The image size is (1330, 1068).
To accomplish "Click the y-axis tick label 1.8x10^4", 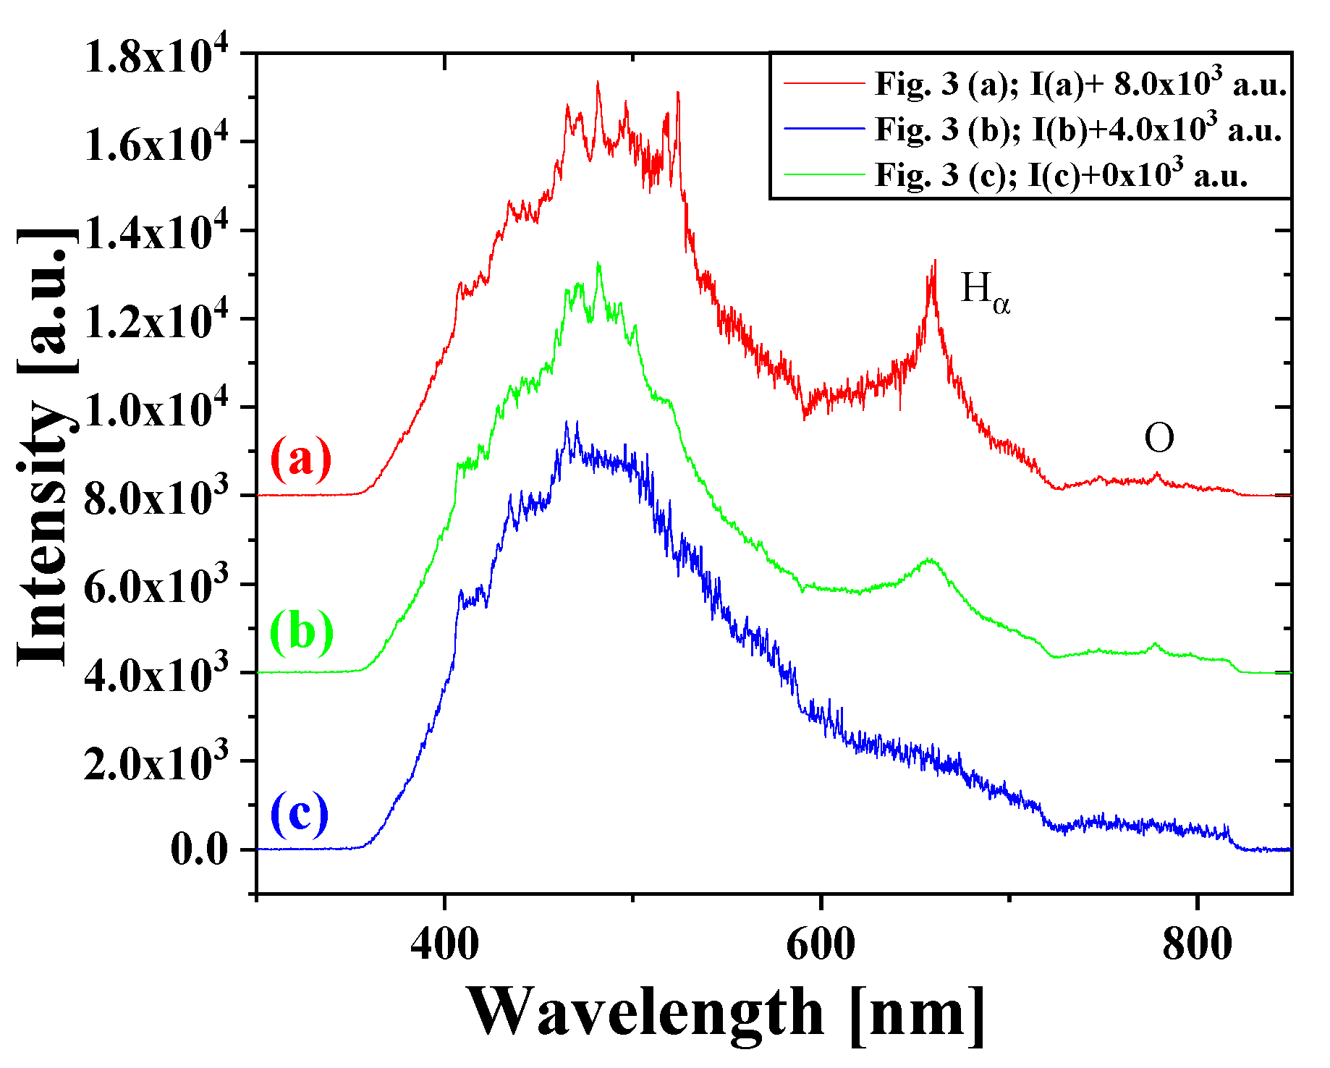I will pyautogui.click(x=156, y=56).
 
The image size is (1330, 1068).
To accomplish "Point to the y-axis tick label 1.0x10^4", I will pyautogui.click(x=156, y=409).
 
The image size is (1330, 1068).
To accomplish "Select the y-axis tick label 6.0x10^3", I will pyautogui.click(x=156, y=585).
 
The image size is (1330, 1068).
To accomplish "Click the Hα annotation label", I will pyautogui.click(x=985, y=293).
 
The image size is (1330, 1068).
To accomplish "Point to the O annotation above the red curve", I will pyautogui.click(x=1159, y=438).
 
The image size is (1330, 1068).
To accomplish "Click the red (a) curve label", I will pyautogui.click(x=301, y=458).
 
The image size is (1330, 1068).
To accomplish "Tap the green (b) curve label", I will pyautogui.click(x=302, y=630).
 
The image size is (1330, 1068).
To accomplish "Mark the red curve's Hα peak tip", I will pyautogui.click(x=935, y=261).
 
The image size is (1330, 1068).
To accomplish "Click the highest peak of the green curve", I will pyautogui.click(x=598, y=263).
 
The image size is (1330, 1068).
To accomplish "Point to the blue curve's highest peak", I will pyautogui.click(x=577, y=422).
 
